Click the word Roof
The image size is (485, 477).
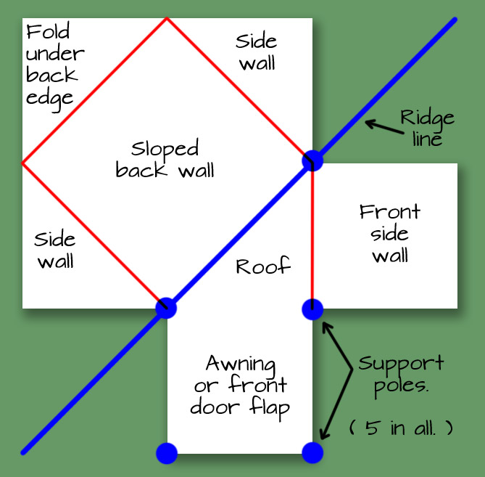(263, 266)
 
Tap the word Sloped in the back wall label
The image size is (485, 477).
(165, 150)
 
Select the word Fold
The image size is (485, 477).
(48, 33)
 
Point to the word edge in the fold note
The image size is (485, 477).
(49, 98)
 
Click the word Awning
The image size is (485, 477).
(241, 362)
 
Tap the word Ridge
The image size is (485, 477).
(427, 118)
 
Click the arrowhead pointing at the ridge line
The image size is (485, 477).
(369, 123)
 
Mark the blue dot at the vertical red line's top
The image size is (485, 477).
(312, 160)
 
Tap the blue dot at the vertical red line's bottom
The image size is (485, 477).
(312, 309)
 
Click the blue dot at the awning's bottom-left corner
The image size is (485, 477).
(167, 453)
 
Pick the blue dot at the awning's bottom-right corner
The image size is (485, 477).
(312, 453)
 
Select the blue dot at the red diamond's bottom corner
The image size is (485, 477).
(166, 308)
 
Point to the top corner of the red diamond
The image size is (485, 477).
(167, 18)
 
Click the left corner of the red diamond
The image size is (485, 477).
(23, 163)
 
